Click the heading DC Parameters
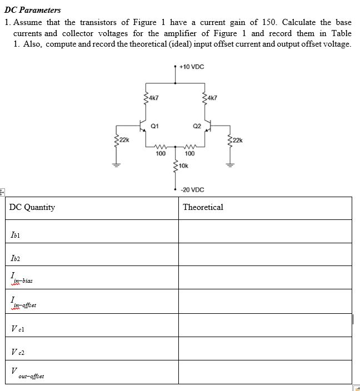pyautogui.click(x=32, y=10)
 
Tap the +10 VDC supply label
pyautogui.click(x=192, y=67)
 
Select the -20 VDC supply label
pyautogui.click(x=192, y=190)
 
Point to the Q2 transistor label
pyautogui.click(x=197, y=126)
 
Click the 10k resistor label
pyautogui.click(x=183, y=166)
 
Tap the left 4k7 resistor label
pyautogui.click(x=153, y=98)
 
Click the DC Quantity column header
pyautogui.click(x=32, y=207)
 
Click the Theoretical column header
pyautogui.click(x=203, y=207)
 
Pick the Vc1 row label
pyautogui.click(x=17, y=328)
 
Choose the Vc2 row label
pyautogui.click(x=17, y=352)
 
